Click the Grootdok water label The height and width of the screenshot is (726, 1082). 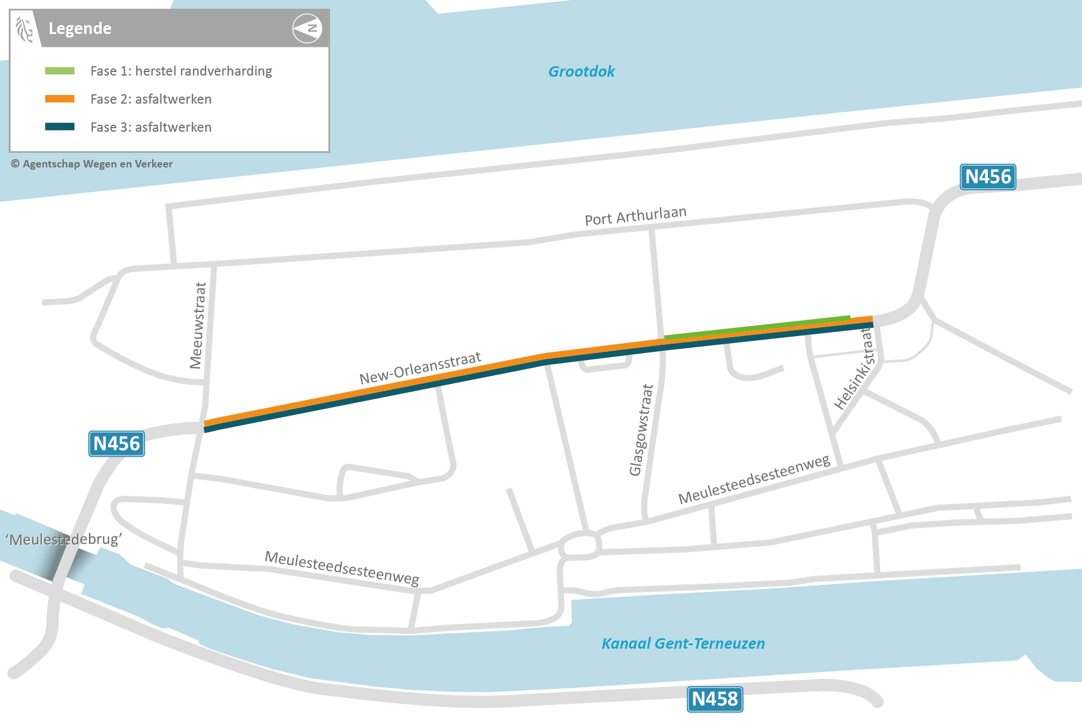[x=581, y=71]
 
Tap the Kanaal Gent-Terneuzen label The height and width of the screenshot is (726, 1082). [x=683, y=643]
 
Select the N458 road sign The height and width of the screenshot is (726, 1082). [x=715, y=699]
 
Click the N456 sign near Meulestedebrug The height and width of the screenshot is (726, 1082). [x=116, y=444]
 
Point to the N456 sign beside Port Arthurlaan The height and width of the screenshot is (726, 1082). [x=988, y=177]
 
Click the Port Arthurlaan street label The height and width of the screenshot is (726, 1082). [x=636, y=215]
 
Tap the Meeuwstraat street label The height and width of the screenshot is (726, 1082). [x=198, y=326]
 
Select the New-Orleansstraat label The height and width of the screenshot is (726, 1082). [x=420, y=368]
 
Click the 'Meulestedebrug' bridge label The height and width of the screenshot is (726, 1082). [x=64, y=539]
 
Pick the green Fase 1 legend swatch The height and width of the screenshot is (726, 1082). [x=60, y=71]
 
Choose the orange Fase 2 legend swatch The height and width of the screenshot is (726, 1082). [x=60, y=99]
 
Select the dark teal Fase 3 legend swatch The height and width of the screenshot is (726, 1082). [x=60, y=127]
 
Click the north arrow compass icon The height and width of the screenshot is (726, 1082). [x=307, y=28]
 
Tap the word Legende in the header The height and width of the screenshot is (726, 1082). [x=80, y=28]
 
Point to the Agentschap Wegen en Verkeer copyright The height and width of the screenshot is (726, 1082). [x=92, y=164]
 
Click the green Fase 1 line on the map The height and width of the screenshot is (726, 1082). [x=757, y=327]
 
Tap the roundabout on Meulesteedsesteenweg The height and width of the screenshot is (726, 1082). [x=580, y=546]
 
